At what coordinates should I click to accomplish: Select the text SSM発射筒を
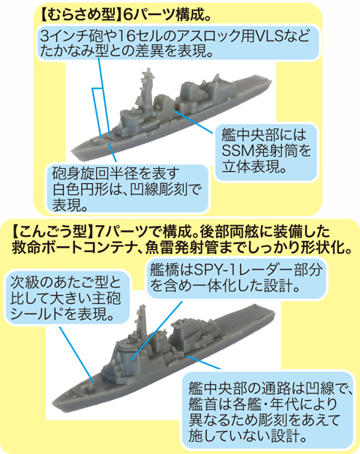click(x=266, y=151)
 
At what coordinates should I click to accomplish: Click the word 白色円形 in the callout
click(x=81, y=189)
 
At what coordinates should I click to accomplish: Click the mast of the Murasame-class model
click(x=146, y=87)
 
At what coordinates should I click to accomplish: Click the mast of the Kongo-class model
click(x=142, y=321)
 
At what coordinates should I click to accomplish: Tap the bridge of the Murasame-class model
click(x=130, y=119)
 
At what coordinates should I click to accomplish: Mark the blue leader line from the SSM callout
click(x=193, y=122)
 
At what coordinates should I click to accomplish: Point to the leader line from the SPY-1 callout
click(x=157, y=330)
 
